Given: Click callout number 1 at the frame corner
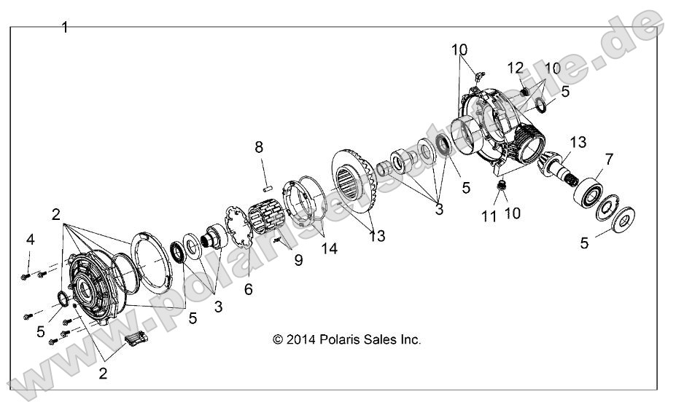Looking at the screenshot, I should coord(65,28).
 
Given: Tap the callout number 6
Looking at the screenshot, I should coord(249,289).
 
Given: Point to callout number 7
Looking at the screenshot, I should coord(610,159).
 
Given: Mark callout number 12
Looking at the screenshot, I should coord(516,68).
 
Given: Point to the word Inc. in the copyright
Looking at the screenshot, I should coord(408,339).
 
